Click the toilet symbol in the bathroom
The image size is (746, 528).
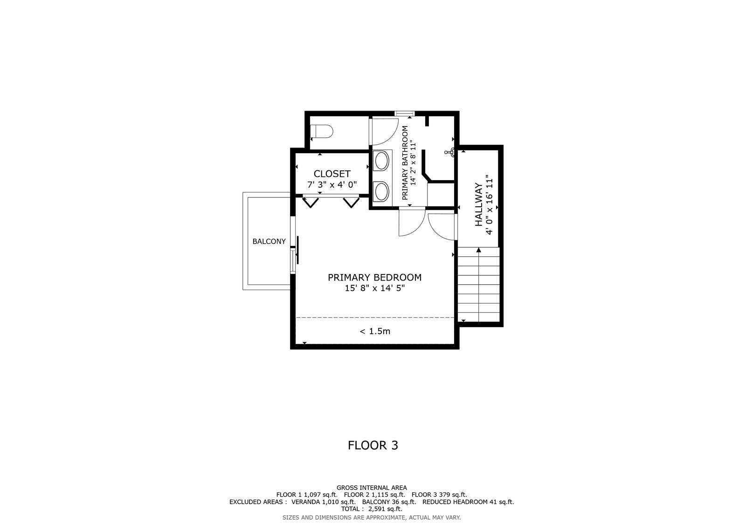point(321,131)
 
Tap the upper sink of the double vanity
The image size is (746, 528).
point(382,161)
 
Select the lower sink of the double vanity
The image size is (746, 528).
point(382,191)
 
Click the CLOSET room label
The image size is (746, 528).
point(332,174)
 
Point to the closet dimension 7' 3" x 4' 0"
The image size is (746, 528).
point(332,184)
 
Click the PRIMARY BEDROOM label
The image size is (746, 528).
point(375,277)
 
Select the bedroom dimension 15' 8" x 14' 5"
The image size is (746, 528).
point(375,288)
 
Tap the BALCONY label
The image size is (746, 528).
point(269,241)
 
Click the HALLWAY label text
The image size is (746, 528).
point(478,204)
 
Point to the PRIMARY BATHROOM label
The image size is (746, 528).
point(405,163)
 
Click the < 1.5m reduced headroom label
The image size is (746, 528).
point(375,331)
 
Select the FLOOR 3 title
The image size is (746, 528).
point(373,445)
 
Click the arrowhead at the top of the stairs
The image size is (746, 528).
point(479,250)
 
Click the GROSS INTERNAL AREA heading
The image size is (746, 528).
point(372,488)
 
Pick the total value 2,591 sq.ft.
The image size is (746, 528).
point(385,509)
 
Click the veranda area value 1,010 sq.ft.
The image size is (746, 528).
point(338,502)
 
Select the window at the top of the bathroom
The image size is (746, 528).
point(405,113)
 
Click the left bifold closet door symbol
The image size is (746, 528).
point(311,203)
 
